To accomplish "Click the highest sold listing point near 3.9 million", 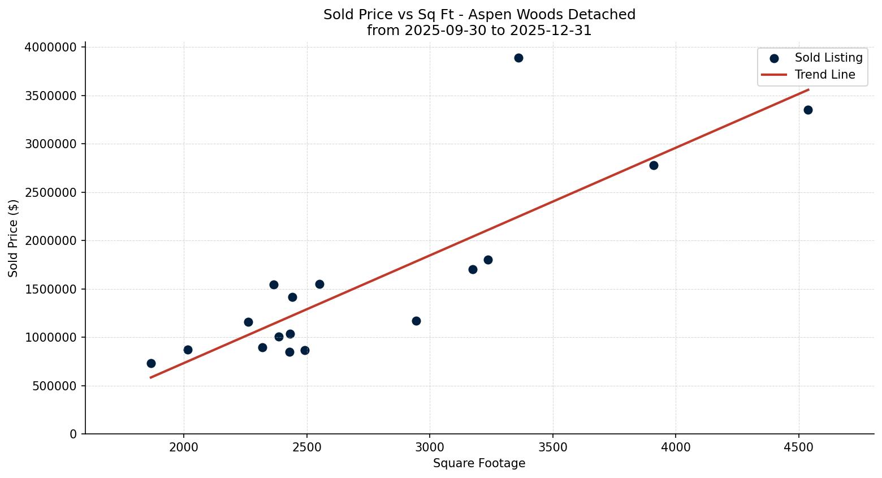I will click(x=518, y=58).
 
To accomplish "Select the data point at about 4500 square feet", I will click(x=808, y=110).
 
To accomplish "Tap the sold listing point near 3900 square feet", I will click(x=654, y=165).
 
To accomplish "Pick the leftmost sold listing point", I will click(x=151, y=363).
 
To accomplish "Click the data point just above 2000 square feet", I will click(x=188, y=350).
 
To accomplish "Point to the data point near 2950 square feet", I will click(x=416, y=321).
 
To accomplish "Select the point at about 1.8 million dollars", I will click(x=488, y=260).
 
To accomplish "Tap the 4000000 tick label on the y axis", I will click(x=51, y=48).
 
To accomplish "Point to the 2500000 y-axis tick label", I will click(x=51, y=192).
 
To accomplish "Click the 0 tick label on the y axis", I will click(x=73, y=434).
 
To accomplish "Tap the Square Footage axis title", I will click(x=479, y=463).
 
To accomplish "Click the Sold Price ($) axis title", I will click(x=13, y=238).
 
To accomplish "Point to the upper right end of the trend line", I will click(x=808, y=89).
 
